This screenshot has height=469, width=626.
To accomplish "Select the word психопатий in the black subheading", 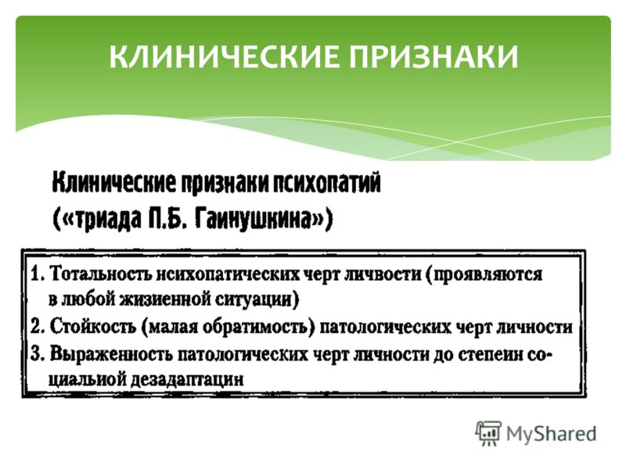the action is tap(326, 184).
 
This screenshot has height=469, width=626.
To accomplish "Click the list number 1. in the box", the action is tap(38, 274).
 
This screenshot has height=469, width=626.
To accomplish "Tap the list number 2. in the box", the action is tap(38, 327).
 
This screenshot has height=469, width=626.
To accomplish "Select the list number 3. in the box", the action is tap(37, 354).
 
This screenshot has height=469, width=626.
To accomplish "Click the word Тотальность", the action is tap(102, 274).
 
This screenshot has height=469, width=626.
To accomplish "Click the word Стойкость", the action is tap(93, 327).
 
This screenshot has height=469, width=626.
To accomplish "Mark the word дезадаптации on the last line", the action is tap(187, 380).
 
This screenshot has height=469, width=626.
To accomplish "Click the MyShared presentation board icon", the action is tap(487, 432).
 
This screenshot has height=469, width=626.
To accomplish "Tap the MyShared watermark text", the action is tap(551, 434).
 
